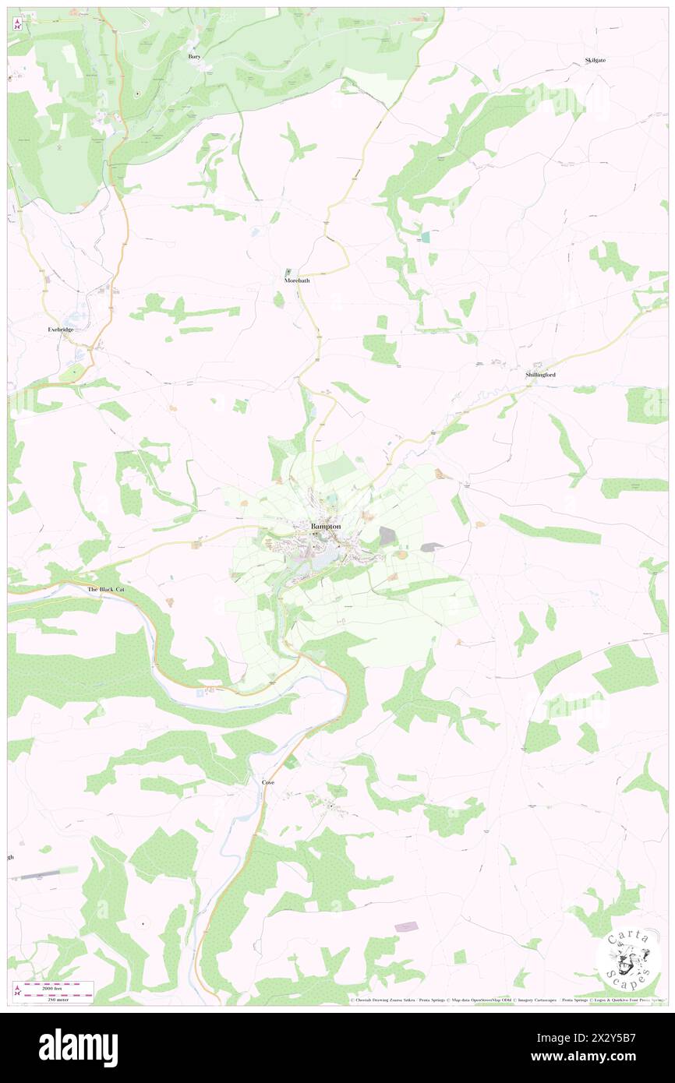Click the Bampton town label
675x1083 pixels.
[x=326, y=527]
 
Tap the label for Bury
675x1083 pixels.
[x=194, y=57]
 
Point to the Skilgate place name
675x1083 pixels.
[x=595, y=60]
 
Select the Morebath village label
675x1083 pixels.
[x=296, y=280]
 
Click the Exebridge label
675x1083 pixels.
[x=61, y=330]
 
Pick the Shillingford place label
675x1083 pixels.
[x=540, y=375]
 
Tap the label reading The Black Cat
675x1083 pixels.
[x=105, y=590]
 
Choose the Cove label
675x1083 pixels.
[x=267, y=781]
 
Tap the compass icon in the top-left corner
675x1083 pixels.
[x=16, y=24]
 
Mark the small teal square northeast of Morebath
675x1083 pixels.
[x=425, y=236]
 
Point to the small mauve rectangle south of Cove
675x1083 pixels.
[x=406, y=926]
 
